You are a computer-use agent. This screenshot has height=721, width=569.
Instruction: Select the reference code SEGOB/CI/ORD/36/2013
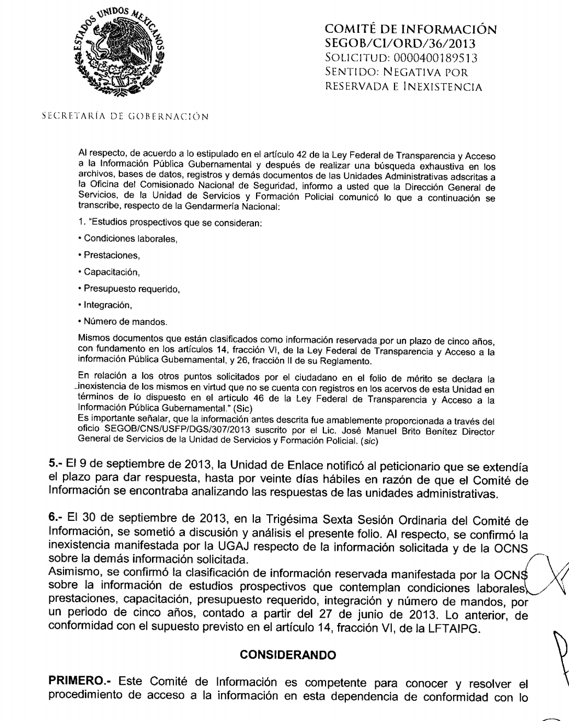click(400, 43)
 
